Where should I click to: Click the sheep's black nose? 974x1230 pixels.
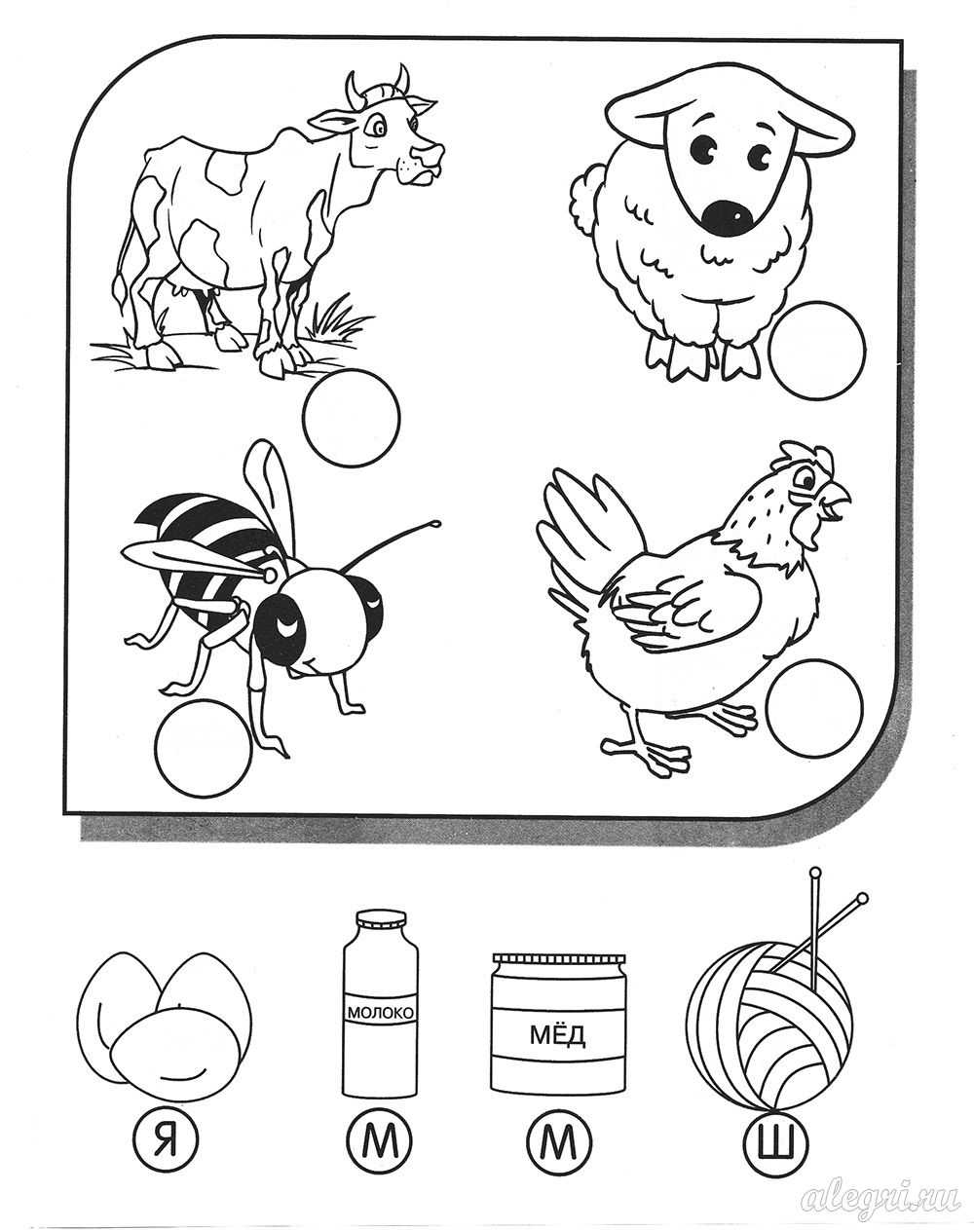[727, 217]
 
